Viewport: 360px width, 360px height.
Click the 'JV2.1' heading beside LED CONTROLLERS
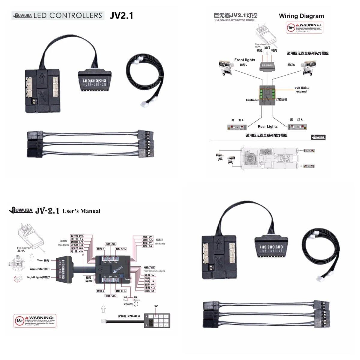(121, 16)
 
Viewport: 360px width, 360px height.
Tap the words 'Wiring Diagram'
(301, 16)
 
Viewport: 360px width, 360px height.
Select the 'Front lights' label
(244, 60)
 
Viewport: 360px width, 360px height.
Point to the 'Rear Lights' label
(268, 126)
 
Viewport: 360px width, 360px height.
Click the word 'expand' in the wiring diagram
(301, 91)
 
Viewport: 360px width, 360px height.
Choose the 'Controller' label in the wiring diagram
(252, 100)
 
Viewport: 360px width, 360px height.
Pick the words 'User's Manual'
(81, 211)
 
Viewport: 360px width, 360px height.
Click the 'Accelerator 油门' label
(40, 269)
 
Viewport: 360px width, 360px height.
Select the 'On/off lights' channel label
(38, 277)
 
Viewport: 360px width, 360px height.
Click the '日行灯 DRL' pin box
(77, 235)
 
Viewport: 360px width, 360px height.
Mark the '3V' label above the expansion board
(156, 306)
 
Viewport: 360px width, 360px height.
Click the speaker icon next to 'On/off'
(136, 304)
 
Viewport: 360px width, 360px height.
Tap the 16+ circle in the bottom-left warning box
(19, 321)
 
